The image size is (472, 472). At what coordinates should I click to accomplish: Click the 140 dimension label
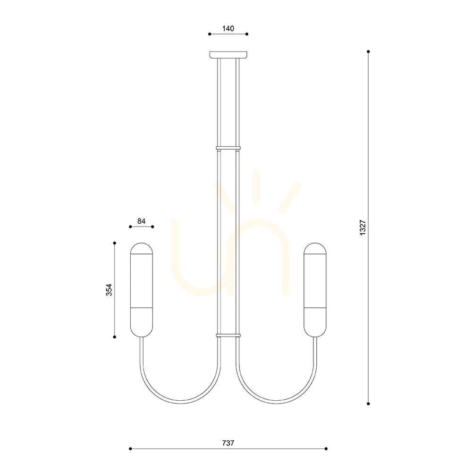(x=228, y=29)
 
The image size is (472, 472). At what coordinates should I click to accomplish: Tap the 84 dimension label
(x=141, y=221)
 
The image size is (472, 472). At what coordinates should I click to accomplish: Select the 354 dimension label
(x=109, y=290)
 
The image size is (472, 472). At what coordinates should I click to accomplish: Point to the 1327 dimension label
(x=362, y=228)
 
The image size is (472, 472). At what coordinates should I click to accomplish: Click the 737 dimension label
(x=228, y=443)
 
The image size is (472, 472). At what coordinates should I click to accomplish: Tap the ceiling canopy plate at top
(x=228, y=55)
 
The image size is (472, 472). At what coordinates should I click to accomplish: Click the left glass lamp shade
(x=142, y=290)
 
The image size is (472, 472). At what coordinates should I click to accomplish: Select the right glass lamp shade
(x=315, y=290)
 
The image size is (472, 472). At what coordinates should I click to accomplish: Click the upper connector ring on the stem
(x=228, y=148)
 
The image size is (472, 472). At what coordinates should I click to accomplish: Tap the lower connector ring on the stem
(x=228, y=335)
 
